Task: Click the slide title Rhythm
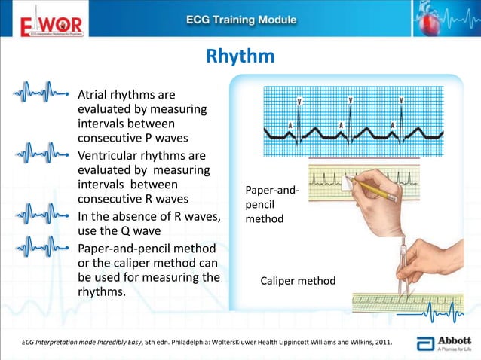click(x=240, y=57)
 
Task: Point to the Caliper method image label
click(x=298, y=281)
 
